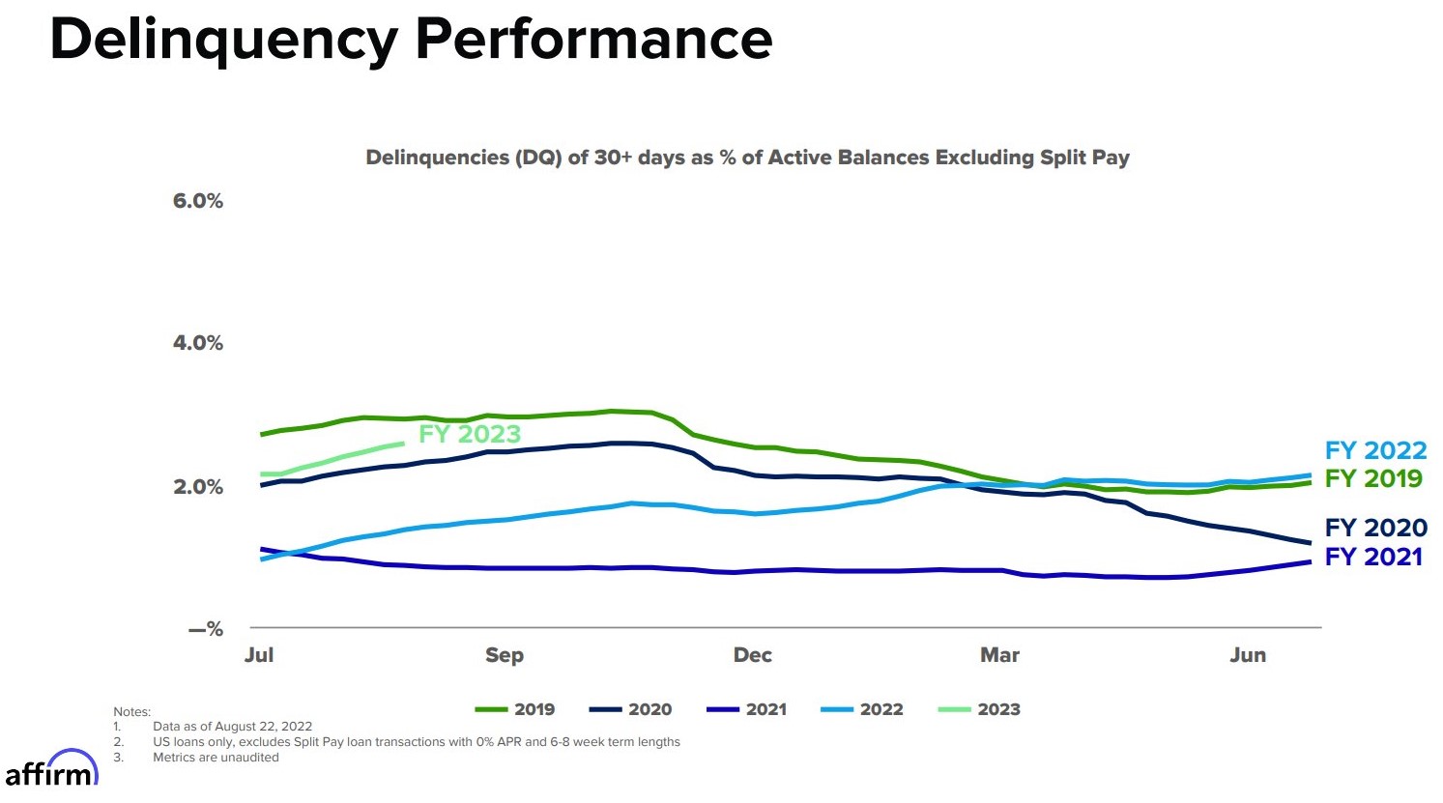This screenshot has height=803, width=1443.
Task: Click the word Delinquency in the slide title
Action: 224,41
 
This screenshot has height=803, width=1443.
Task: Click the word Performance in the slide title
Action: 593,41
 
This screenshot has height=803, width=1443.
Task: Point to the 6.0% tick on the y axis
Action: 198,201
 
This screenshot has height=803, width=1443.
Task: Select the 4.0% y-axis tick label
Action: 198,343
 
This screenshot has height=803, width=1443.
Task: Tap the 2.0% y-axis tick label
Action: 198,487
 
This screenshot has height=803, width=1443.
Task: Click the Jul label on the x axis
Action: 259,655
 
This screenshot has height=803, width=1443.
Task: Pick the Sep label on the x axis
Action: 505,655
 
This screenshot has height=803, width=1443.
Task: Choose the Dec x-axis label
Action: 753,655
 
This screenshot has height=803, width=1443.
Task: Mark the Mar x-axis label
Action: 1000,655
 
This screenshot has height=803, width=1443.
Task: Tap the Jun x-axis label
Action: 1248,655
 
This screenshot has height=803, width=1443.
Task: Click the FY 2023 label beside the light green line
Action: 470,435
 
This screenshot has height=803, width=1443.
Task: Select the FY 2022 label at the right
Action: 1375,450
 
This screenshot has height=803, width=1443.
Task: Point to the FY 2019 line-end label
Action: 1373,478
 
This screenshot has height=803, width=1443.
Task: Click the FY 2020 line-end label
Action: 1375,528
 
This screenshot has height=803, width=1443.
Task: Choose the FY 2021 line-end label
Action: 1373,557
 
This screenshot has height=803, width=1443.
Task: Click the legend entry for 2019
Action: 516,709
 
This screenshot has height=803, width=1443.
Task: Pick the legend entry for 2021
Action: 748,709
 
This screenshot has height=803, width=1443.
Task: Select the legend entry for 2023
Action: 980,709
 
